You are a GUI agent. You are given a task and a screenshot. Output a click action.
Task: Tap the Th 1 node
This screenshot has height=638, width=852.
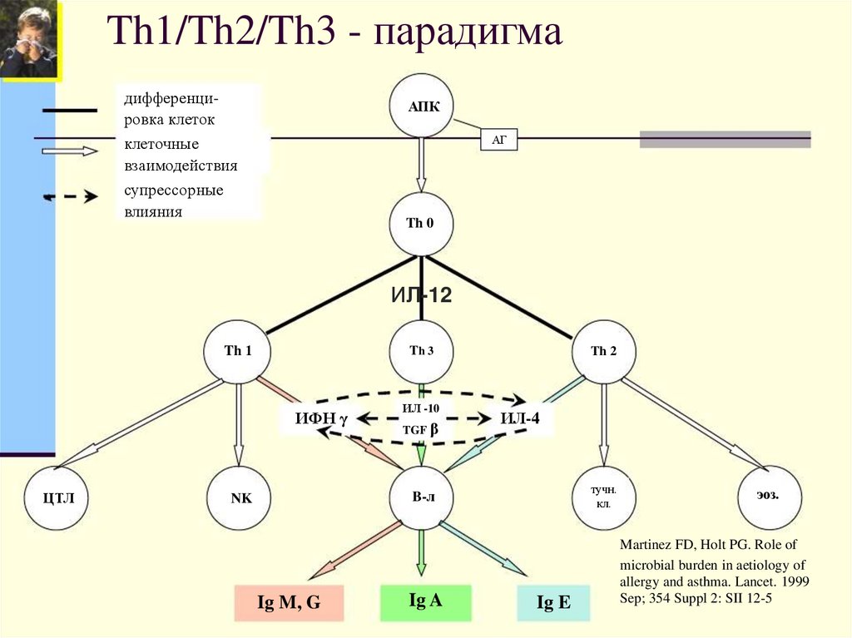238,350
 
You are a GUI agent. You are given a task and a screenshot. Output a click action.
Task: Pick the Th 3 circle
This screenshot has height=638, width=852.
422,350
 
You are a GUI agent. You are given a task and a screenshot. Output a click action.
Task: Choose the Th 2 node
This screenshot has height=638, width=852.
604,350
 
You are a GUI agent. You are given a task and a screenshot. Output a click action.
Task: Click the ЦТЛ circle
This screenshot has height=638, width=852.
59,499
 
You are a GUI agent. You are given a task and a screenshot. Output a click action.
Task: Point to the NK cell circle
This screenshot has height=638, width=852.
240,499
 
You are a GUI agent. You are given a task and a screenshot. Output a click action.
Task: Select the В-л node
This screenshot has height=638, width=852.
422,497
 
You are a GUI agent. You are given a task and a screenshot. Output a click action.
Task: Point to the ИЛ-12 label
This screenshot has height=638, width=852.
421,294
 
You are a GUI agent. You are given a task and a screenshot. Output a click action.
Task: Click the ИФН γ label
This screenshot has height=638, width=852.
319,418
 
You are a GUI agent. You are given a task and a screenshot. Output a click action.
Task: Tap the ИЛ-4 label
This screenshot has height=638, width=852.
520,418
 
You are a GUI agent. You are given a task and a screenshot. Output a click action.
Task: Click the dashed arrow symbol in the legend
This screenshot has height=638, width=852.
70,197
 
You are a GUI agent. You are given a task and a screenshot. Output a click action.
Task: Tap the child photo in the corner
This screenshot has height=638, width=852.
30,40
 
